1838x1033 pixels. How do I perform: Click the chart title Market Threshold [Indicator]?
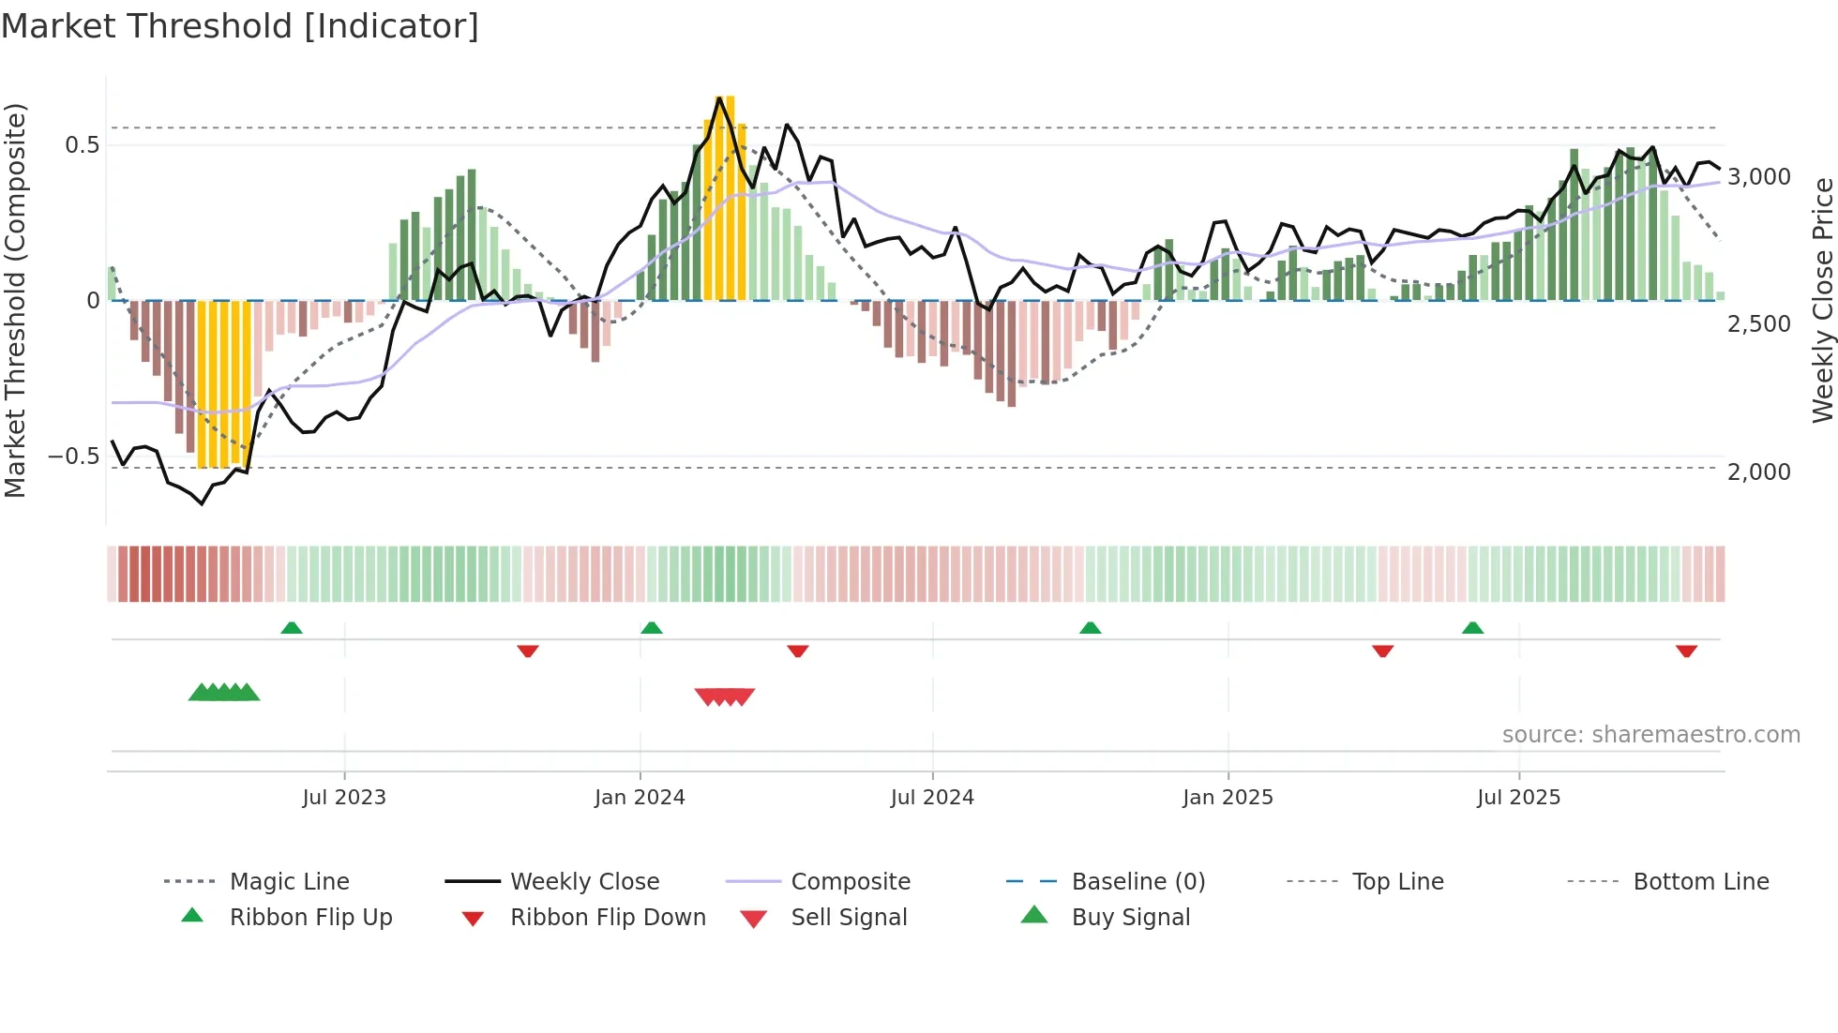point(240,26)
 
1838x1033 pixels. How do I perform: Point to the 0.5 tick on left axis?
point(82,144)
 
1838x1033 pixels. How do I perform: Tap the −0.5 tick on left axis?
point(73,457)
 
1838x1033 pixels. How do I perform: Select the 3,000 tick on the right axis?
point(1759,177)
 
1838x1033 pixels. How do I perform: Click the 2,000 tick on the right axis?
point(1759,472)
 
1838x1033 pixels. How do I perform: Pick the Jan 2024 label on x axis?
point(640,798)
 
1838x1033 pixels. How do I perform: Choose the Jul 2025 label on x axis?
point(1518,798)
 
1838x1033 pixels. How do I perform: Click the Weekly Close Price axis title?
point(1822,300)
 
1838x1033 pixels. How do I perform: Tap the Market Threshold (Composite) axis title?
point(15,300)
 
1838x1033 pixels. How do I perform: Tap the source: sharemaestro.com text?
point(1650,735)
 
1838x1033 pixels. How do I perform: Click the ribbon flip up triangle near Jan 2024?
point(652,628)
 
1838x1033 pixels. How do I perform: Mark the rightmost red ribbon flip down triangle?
point(1686,651)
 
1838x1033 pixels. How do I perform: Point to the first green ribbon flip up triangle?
point(292,628)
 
